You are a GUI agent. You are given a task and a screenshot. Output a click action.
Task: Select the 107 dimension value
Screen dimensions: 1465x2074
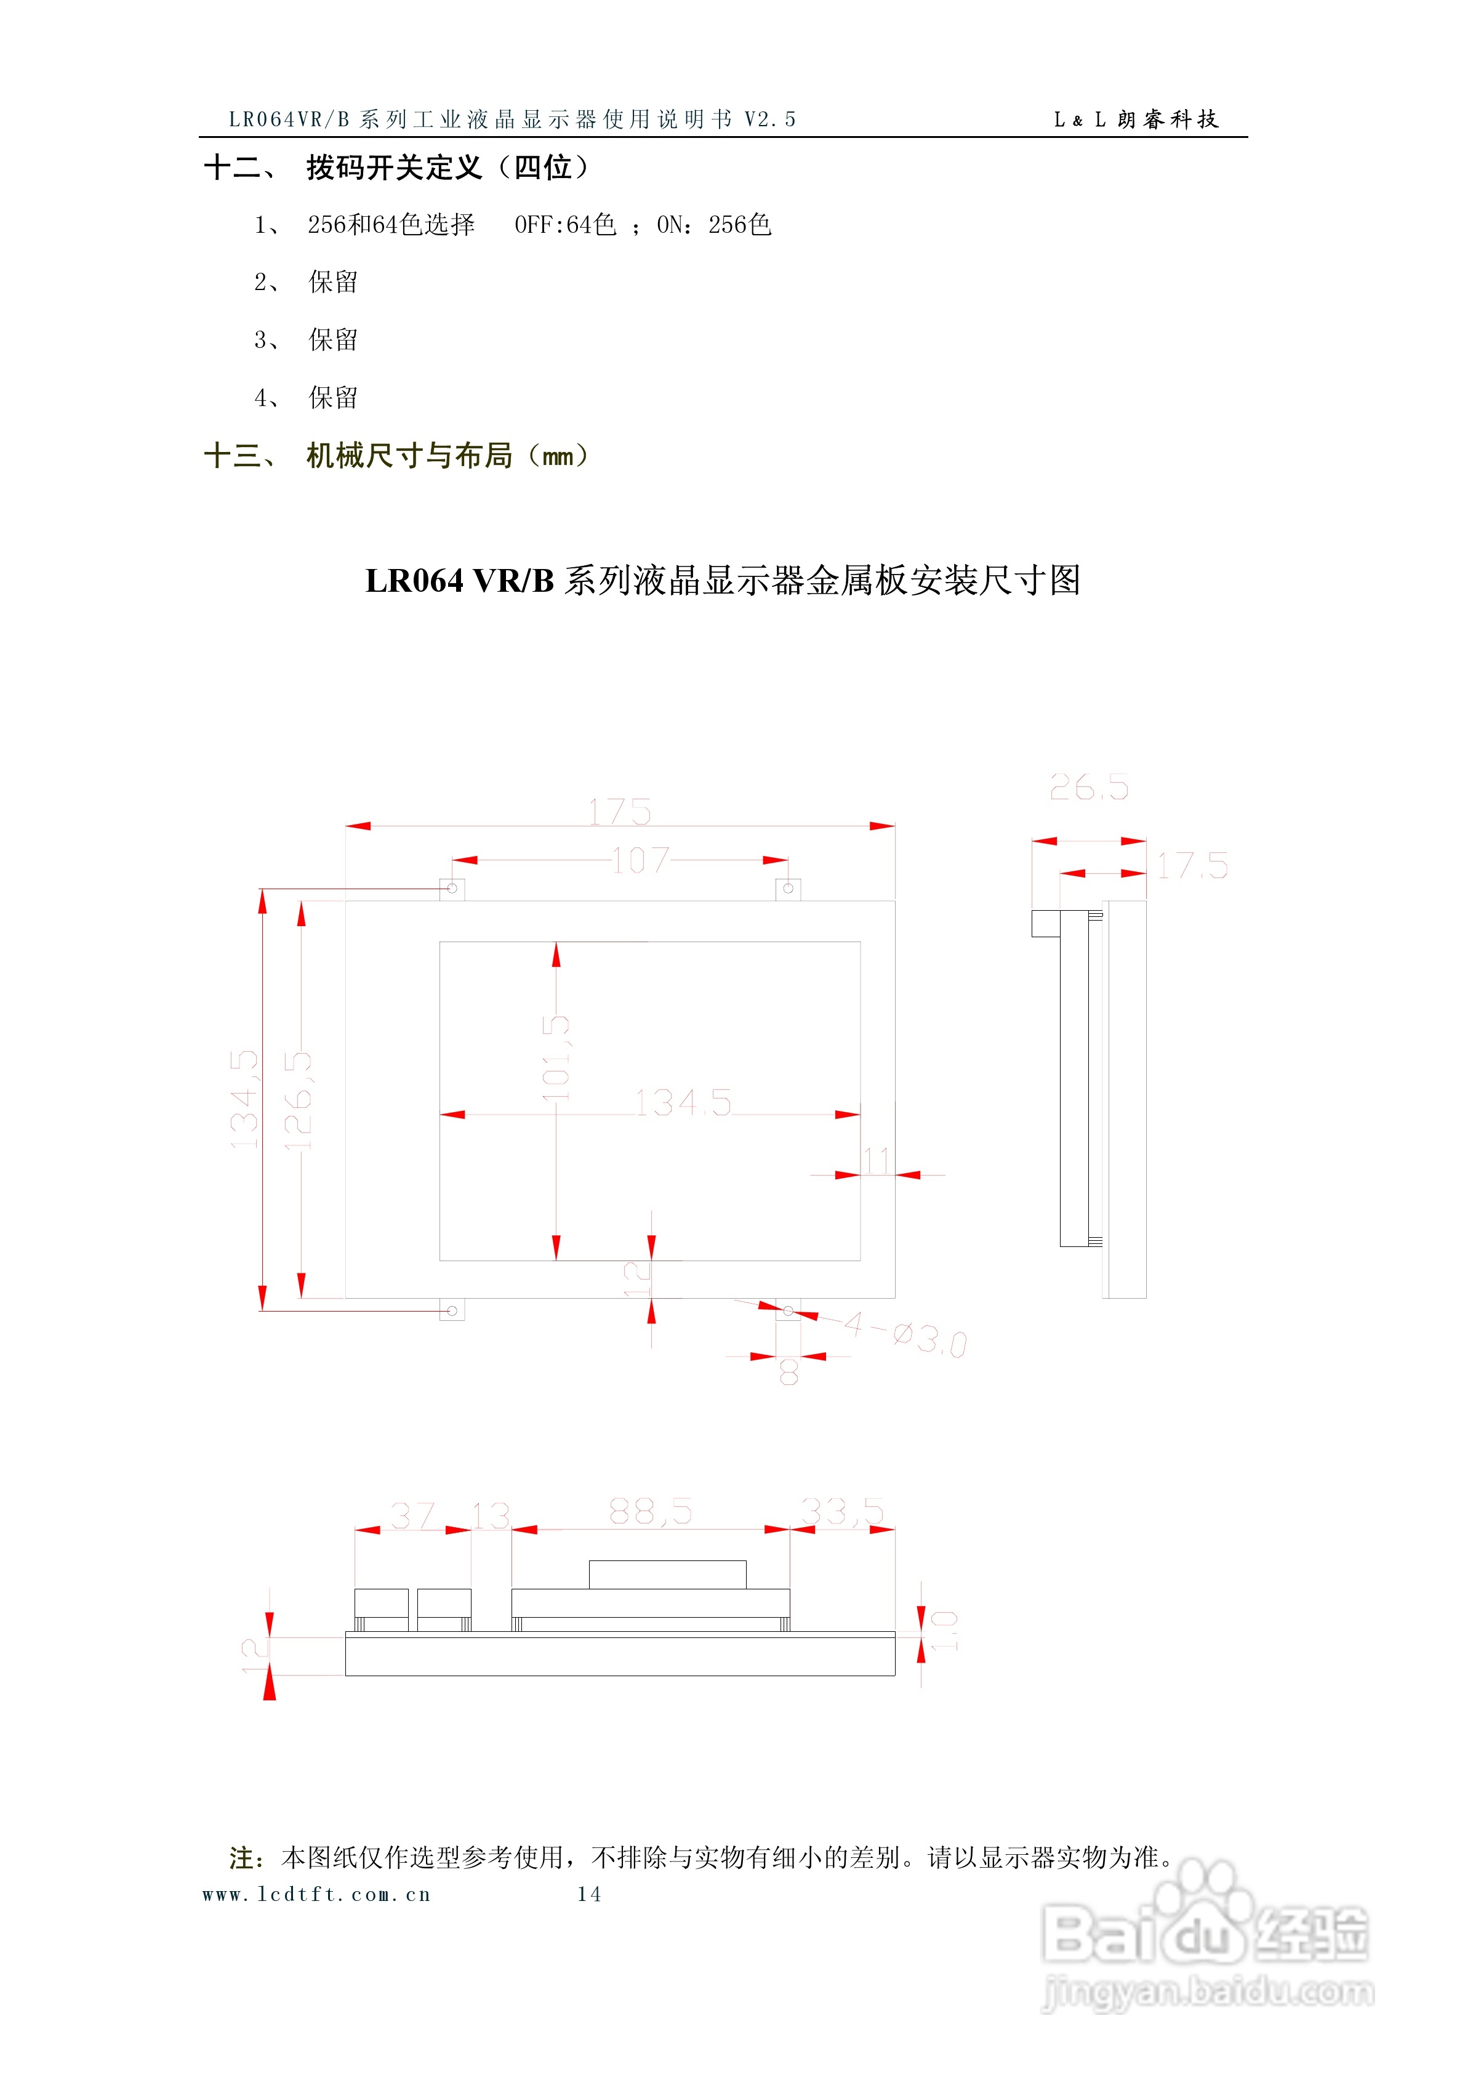point(640,860)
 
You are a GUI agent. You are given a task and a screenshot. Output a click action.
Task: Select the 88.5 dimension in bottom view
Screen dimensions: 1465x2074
point(650,1511)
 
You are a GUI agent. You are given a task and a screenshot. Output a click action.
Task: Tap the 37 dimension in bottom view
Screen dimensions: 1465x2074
point(413,1515)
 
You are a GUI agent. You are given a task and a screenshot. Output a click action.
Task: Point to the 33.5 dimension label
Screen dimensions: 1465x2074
point(842,1511)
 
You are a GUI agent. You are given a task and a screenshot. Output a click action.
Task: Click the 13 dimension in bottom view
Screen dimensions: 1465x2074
point(491,1515)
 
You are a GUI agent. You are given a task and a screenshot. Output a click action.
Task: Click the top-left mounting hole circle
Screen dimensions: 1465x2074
point(452,889)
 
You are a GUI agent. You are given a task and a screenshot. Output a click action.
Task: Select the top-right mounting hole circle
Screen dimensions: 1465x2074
point(788,889)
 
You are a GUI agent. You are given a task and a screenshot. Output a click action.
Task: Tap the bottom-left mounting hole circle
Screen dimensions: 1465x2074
point(452,1310)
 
